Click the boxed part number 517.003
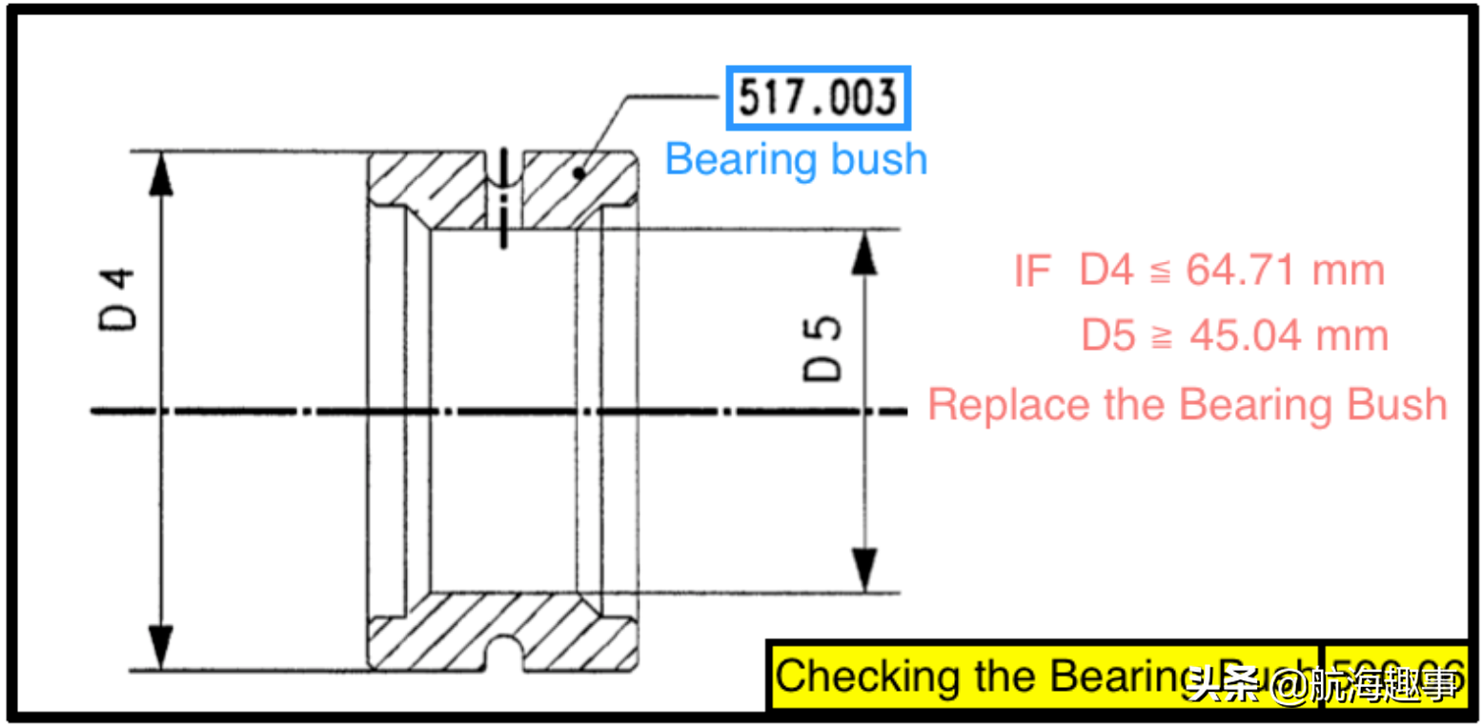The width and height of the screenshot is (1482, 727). [818, 98]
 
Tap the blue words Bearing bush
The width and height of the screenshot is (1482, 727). [796, 158]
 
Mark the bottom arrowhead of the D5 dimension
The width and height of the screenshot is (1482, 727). [863, 575]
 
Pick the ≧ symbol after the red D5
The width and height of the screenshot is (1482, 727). [1161, 337]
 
